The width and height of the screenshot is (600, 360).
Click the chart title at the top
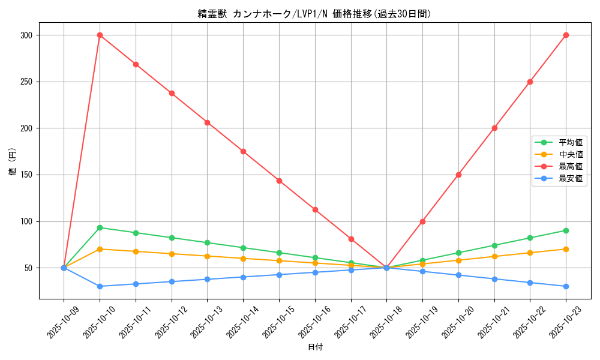tap(314, 14)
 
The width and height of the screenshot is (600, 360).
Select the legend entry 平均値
tap(570, 142)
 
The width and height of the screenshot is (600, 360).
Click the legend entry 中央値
tap(570, 154)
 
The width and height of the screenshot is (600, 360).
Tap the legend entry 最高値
tap(570, 166)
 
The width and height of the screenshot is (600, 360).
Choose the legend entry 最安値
tap(570, 178)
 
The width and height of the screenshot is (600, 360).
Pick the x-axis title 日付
tap(315, 347)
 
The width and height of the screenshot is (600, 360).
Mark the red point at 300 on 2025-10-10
tap(100, 35)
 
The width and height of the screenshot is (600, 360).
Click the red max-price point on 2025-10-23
tap(566, 35)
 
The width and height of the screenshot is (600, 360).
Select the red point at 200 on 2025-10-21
tap(494, 128)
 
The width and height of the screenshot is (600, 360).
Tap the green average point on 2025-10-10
tap(100, 227)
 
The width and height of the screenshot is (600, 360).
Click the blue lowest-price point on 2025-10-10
tap(100, 286)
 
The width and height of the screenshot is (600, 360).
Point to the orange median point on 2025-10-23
tap(566, 249)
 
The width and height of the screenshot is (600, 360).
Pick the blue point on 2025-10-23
tap(566, 286)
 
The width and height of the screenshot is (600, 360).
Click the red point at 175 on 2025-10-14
tap(243, 151)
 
